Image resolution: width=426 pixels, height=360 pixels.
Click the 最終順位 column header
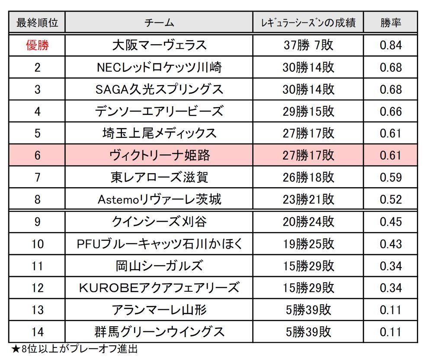[x=37, y=22]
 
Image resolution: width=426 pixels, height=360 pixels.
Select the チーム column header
[x=159, y=22]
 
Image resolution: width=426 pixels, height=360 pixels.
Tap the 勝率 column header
[x=391, y=22]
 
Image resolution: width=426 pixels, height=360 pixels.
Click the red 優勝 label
[x=37, y=45]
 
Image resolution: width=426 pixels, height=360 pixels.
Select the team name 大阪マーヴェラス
[x=159, y=45]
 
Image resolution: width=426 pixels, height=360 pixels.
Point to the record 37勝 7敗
[x=308, y=45]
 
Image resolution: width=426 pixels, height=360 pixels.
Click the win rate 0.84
[x=391, y=45]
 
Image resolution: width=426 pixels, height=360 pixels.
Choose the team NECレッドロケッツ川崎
[x=159, y=67]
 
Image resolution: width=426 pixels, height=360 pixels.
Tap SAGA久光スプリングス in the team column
[x=159, y=89]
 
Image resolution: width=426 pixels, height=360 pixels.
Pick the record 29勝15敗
[x=308, y=111]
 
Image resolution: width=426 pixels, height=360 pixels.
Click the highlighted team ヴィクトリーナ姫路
[x=159, y=155]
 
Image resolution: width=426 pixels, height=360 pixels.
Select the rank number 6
[x=37, y=155]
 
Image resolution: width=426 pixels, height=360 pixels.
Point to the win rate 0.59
[x=391, y=177]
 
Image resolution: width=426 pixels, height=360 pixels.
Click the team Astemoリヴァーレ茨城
[x=159, y=199]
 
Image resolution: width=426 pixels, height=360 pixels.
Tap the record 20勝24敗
[x=308, y=222]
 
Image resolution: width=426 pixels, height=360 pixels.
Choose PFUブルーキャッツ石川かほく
[x=159, y=244]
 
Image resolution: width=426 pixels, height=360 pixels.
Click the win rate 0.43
[x=391, y=244]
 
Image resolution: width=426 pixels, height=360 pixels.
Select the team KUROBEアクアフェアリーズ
[x=159, y=288]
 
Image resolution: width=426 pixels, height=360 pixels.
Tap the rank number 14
[x=37, y=332]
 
